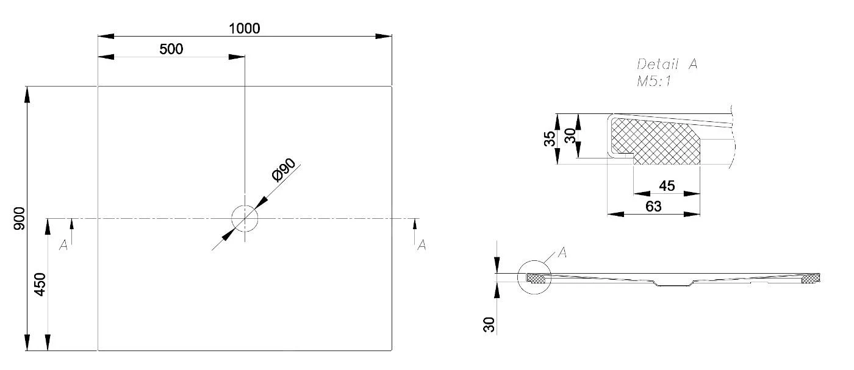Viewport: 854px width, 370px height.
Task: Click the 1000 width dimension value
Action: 245,29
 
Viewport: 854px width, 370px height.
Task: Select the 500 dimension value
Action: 171,49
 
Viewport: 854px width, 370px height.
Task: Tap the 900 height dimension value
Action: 20,218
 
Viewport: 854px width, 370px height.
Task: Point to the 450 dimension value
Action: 40,285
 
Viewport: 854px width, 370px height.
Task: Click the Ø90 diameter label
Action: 284,170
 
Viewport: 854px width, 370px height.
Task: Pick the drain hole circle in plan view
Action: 245,218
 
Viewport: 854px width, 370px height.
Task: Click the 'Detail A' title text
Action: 667,65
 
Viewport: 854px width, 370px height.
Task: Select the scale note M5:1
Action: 653,82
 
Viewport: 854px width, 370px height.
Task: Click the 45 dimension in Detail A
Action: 667,186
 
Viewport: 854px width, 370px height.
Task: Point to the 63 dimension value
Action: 653,207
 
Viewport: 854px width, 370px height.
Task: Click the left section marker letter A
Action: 63,245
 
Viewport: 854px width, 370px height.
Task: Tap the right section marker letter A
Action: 421,245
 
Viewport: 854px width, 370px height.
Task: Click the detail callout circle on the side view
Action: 534,278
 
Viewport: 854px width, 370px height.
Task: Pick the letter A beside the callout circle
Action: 562,253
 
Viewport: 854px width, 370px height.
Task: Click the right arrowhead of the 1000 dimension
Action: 384,36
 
